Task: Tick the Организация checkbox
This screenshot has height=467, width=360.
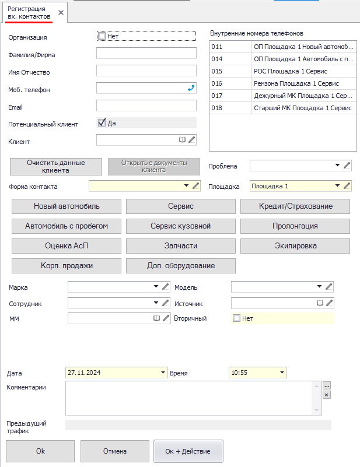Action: pyautogui.click(x=102, y=36)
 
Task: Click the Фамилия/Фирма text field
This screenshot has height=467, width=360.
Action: pyautogui.click(x=146, y=54)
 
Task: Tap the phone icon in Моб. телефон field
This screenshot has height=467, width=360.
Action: pyautogui.click(x=191, y=88)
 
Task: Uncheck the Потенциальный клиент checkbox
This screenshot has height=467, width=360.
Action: pyautogui.click(x=102, y=123)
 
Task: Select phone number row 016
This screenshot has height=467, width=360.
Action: pyautogui.click(x=282, y=83)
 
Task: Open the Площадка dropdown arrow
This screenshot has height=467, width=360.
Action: pyautogui.click(x=337, y=186)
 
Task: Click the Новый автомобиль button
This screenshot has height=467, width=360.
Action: pyautogui.click(x=67, y=206)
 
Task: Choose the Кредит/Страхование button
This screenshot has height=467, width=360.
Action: pyautogui.click(x=295, y=206)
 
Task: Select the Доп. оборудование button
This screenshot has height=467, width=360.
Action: pyautogui.click(x=181, y=266)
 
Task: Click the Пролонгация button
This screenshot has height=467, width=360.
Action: pyautogui.click(x=295, y=226)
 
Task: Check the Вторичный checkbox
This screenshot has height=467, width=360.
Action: pyautogui.click(x=236, y=318)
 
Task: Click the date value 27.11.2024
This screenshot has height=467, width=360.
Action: pyautogui.click(x=85, y=373)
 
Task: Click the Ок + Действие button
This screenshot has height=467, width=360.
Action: pyautogui.click(x=188, y=451)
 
